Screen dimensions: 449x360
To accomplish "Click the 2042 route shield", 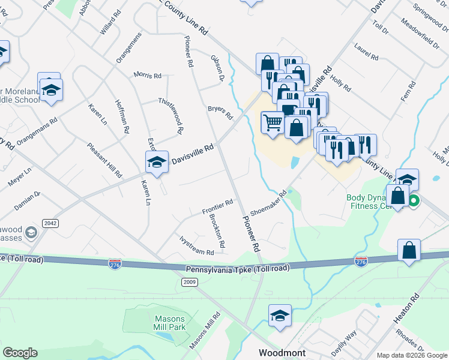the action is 50,223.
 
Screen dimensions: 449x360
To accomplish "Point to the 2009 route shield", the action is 190,281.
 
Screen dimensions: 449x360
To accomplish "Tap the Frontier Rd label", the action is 217,208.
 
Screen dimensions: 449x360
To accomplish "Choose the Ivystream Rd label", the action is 196,245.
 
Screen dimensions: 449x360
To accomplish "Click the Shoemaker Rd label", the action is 270,203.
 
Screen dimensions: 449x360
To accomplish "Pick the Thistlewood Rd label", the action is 170,115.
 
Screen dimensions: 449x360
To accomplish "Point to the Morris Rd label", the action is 148,76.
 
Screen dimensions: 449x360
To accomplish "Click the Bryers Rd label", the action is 220,112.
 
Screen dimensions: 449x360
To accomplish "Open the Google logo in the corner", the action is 20,353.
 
